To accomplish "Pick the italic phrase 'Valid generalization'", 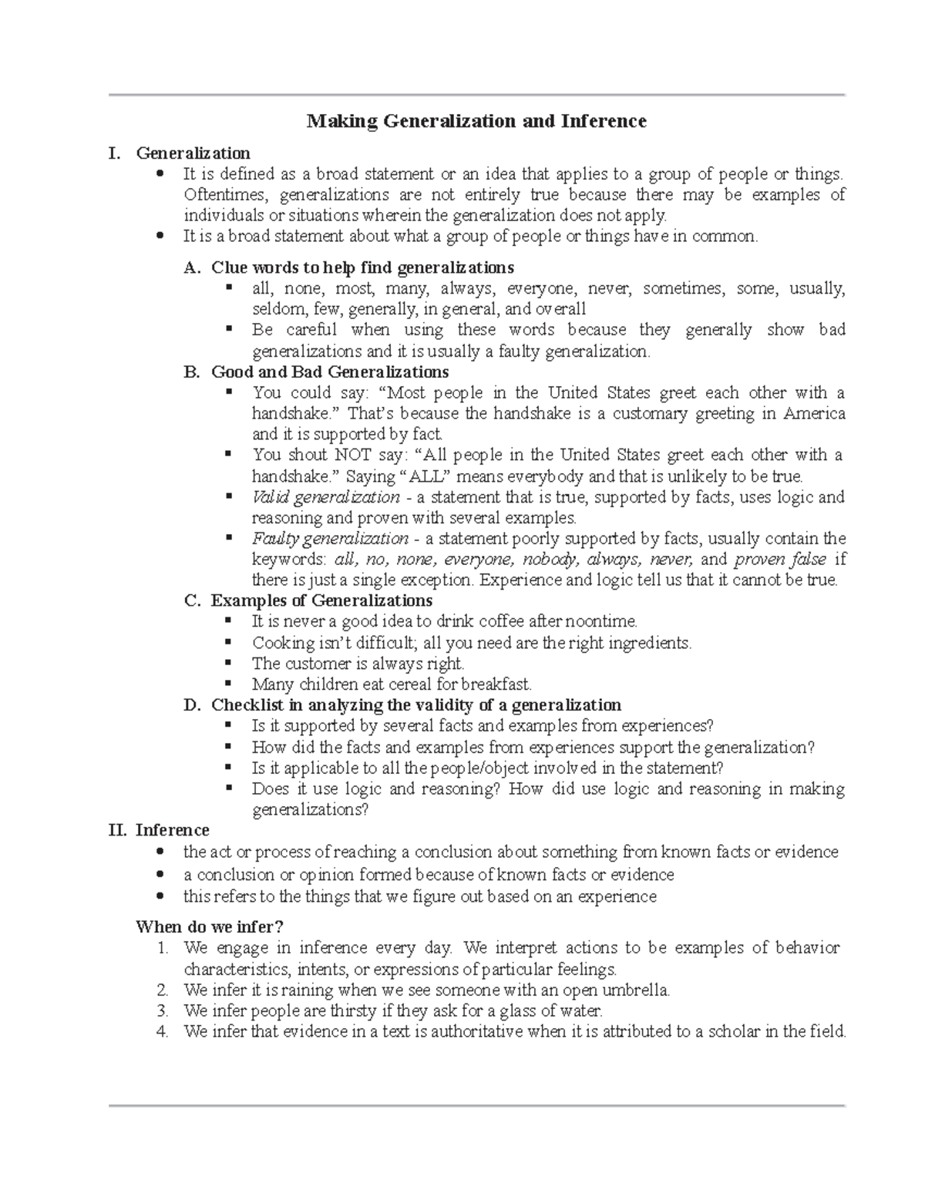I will (325, 497).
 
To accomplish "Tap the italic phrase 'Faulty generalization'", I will (330, 538).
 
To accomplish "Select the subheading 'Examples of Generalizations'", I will (321, 600).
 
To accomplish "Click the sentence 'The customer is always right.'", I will (358, 663).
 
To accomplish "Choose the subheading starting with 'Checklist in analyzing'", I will (416, 704).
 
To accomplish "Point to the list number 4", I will (162, 1031).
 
